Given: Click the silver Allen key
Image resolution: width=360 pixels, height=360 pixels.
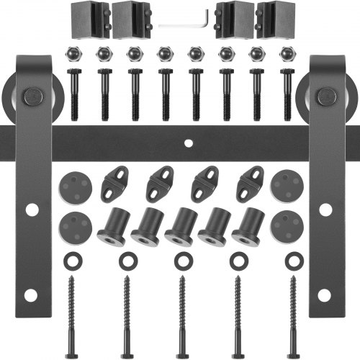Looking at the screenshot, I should click(184, 24).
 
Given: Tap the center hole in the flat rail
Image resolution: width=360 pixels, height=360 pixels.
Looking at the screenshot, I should click(186, 143).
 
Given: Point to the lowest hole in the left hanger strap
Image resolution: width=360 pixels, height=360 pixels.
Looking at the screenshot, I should click(32, 295).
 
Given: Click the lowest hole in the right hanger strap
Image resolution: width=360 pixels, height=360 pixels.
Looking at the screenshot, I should click(326, 295).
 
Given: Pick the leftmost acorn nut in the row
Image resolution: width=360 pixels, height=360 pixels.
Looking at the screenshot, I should click(71, 53).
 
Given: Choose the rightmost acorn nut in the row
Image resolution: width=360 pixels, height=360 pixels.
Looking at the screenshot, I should click(287, 53).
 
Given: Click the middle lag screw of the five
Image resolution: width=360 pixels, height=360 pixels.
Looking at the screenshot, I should click(181, 306).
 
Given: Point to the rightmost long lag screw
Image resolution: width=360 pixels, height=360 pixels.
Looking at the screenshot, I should click(292, 306).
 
